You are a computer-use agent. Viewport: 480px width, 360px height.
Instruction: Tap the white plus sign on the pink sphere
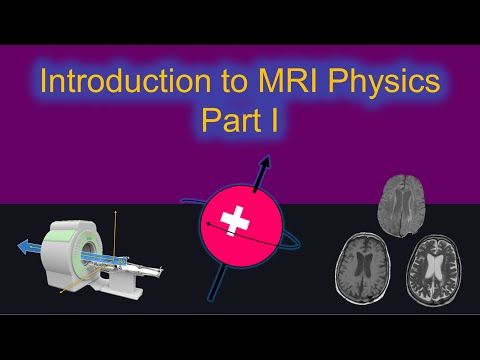pos(236,218)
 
